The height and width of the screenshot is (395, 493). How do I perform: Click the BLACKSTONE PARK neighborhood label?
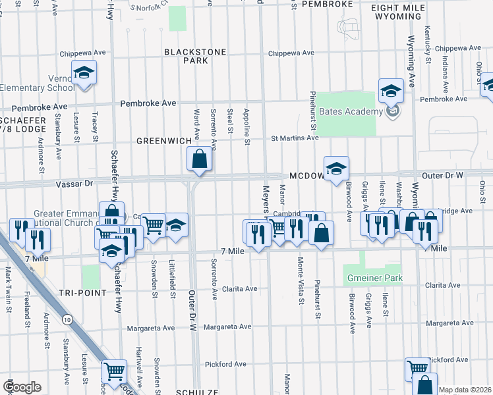click(186, 56)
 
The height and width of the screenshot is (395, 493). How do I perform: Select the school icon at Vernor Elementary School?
click(84, 72)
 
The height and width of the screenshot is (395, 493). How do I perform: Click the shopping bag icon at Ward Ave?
click(198, 159)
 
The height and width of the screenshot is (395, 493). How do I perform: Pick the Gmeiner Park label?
click(376, 278)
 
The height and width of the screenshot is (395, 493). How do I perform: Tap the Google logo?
click(22, 387)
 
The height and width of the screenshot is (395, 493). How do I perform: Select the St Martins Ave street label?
click(295, 138)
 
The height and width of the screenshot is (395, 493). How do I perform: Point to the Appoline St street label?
click(246, 126)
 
